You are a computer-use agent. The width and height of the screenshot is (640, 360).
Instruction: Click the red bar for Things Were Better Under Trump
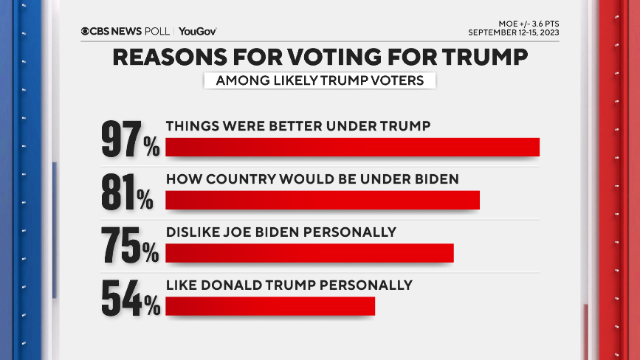352,147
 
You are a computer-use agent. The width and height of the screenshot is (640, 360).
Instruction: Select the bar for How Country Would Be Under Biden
323,200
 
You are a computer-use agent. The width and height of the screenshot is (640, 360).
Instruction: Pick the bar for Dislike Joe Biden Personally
309,253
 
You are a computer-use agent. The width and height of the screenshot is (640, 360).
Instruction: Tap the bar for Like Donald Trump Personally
270,306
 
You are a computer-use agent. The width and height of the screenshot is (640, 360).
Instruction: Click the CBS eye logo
86,31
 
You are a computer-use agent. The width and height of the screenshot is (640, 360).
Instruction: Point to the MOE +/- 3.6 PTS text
525,23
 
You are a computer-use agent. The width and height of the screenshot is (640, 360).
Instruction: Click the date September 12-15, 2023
513,32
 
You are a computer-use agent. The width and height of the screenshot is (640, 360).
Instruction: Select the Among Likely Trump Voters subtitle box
320,80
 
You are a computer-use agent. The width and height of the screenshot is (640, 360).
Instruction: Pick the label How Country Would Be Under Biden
312,179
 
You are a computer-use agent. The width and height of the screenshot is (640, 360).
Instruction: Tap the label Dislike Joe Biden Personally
281,232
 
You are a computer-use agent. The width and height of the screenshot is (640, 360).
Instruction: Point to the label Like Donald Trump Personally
289,285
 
